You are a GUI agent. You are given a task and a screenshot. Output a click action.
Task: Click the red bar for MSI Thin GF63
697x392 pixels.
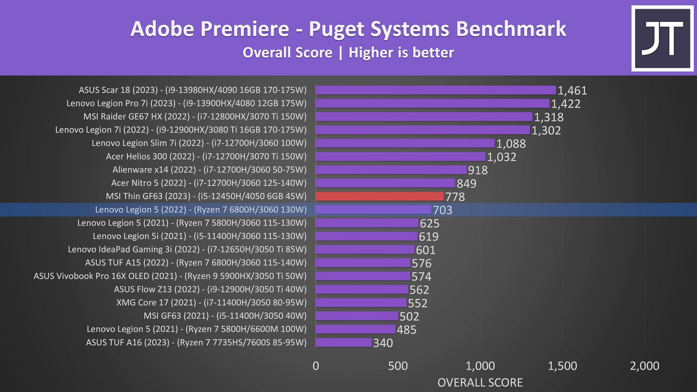[379, 196]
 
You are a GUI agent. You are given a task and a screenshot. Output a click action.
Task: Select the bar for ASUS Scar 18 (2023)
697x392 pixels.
[436, 90]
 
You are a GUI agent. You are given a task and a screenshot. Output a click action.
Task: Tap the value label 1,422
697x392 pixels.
[565, 104]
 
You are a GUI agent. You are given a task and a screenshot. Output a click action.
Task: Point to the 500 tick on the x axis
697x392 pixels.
[398, 366]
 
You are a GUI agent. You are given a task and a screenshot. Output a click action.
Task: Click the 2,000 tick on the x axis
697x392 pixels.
[644, 366]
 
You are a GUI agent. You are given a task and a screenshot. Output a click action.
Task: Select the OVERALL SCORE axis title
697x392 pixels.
[480, 382]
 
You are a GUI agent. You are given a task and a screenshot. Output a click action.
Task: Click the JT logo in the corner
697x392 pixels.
[662, 38]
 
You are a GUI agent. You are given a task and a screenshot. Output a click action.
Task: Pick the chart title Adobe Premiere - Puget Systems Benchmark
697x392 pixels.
[348, 29]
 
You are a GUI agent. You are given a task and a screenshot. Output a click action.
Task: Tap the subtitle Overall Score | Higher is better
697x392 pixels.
[348, 53]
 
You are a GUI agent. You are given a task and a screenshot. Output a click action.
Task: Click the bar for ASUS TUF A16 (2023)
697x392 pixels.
[344, 342]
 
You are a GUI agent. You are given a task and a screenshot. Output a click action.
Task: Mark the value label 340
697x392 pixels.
[383, 343]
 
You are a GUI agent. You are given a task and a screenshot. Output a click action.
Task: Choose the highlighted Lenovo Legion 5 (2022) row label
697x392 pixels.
[201, 210]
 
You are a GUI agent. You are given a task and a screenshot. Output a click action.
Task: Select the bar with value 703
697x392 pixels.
[373, 210]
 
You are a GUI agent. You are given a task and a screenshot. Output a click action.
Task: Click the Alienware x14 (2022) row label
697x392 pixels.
[209, 169]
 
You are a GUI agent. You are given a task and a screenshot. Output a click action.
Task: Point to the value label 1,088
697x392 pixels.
[511, 144]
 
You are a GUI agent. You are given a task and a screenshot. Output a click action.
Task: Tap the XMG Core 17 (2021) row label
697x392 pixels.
[211, 302]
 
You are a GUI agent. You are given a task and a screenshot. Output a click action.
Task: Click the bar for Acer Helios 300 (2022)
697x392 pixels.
[400, 156]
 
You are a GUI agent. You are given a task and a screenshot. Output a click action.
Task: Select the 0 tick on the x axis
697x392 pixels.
[316, 366]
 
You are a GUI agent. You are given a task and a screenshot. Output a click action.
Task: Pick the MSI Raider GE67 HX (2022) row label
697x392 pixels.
[195, 116]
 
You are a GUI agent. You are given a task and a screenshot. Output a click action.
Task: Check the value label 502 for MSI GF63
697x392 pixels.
[409, 316]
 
